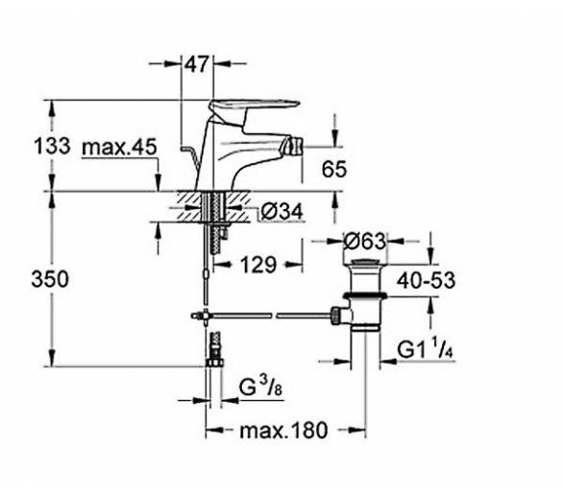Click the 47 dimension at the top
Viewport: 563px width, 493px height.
point(196,64)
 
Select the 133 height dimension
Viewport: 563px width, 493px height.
point(52,147)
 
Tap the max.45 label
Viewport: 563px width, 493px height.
point(119,147)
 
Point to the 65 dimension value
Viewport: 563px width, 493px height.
point(334,169)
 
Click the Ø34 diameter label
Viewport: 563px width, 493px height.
point(282,212)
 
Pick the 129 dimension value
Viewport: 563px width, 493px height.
point(258,265)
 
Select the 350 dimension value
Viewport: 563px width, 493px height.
point(50,279)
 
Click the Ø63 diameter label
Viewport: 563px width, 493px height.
point(365,242)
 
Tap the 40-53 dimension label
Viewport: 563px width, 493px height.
point(426,280)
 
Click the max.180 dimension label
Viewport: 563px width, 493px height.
point(283,431)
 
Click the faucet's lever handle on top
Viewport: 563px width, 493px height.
point(255,106)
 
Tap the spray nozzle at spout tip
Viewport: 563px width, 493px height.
point(293,147)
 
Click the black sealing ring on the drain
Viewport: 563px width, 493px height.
point(365,295)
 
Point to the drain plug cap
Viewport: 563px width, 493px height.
point(365,262)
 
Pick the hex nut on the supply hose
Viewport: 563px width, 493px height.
point(215,363)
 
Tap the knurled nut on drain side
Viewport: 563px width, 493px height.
point(334,316)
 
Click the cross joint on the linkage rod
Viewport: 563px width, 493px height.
point(205,316)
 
